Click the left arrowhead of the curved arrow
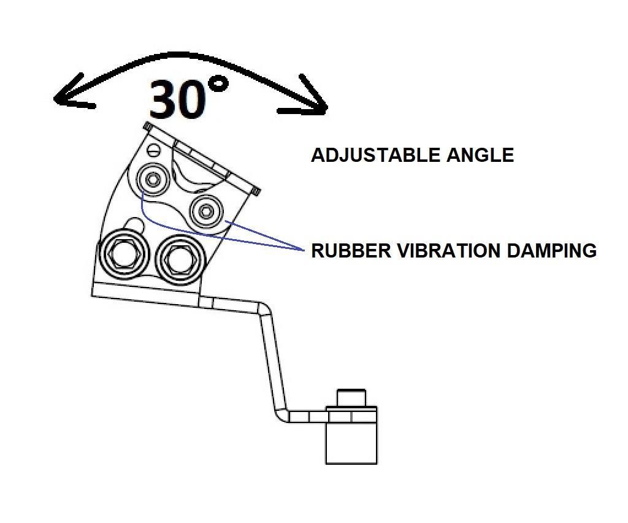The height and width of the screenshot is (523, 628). (x=72, y=93)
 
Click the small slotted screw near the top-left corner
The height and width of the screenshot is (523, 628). (x=154, y=150)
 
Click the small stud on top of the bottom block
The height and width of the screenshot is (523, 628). (x=351, y=398)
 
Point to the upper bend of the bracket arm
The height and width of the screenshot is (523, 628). (x=264, y=309)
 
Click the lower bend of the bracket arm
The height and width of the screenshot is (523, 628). (x=281, y=415)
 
